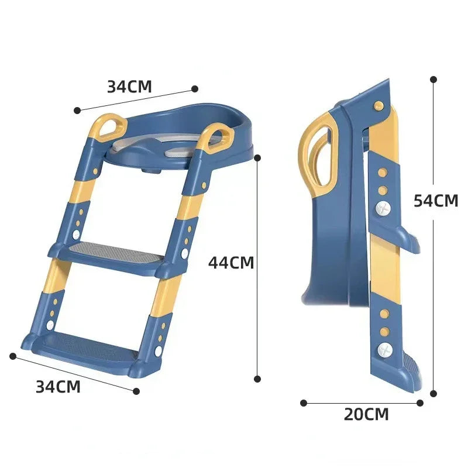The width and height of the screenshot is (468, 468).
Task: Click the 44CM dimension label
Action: coord(231,263)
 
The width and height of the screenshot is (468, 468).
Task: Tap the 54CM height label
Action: coord(435,201)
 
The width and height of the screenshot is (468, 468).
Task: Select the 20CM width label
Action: coord(366,415)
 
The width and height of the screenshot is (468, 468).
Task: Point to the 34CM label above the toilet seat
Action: coord(129,87)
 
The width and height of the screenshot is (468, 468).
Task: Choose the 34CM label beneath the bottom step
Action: coord(58,387)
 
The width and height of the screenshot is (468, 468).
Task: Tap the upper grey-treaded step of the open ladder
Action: coord(113,255)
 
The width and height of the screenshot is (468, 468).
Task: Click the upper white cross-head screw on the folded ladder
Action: coord(383,208)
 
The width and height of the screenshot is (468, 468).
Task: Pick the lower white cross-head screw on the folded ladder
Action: coord(384,350)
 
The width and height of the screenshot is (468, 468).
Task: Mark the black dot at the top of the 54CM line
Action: coord(433,78)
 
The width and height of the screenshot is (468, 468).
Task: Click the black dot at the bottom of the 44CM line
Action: coord(257,379)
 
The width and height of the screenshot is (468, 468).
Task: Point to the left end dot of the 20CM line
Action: coord(304,402)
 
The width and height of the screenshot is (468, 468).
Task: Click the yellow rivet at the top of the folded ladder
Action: coord(378,105)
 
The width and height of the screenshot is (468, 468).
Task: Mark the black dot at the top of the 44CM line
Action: coord(257,157)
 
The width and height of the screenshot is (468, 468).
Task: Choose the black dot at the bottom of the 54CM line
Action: coord(433,394)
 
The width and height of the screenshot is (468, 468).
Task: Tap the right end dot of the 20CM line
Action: coord(419,402)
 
